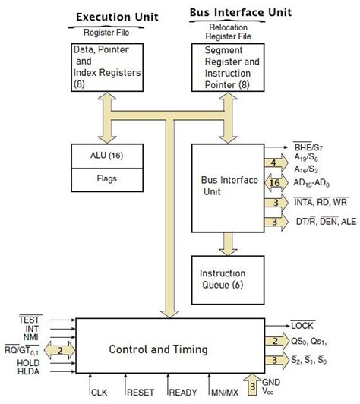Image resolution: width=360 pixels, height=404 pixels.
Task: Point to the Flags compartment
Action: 109,181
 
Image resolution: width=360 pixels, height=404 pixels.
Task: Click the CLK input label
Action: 99,392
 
